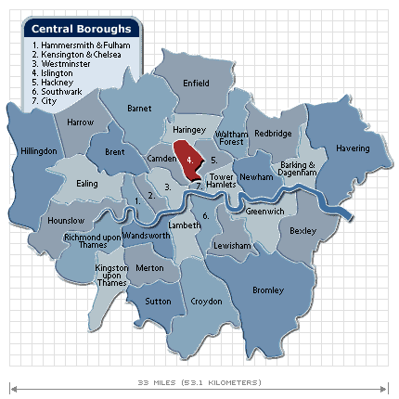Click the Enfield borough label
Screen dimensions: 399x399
click(x=196, y=83)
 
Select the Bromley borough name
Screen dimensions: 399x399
click(x=268, y=290)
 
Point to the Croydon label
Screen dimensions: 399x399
click(x=206, y=302)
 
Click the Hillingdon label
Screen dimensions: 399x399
click(x=38, y=150)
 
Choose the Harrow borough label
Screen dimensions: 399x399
click(x=81, y=122)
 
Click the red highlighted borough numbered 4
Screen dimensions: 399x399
click(x=189, y=159)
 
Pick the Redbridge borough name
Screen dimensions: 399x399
click(x=272, y=135)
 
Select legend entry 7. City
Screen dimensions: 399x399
click(x=46, y=100)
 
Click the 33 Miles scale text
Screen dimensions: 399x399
click(x=199, y=381)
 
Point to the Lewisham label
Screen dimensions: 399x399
click(x=231, y=245)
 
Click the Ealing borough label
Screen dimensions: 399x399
click(x=87, y=184)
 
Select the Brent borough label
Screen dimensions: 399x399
click(x=115, y=151)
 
